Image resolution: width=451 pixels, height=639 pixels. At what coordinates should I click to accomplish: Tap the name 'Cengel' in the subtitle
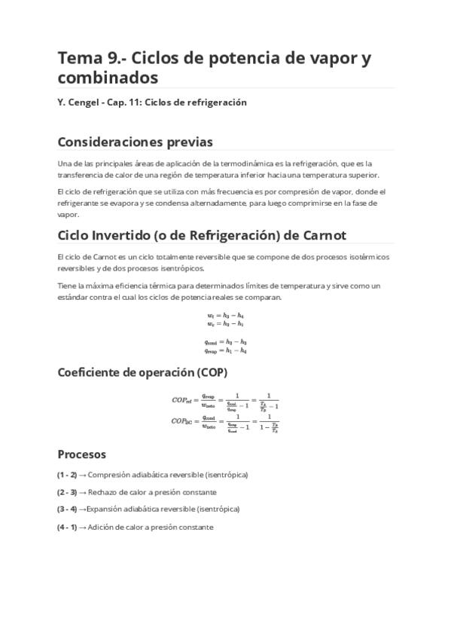[87, 102]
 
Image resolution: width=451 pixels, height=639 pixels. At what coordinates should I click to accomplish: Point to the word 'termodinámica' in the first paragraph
[240, 164]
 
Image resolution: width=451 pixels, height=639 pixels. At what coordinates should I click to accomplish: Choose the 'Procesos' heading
[82, 454]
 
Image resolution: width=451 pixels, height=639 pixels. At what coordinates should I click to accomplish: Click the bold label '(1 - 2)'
[67, 475]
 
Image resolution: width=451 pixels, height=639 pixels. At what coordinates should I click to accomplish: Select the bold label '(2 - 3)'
[67, 492]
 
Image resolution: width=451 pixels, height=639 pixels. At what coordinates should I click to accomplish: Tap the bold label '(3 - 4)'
[67, 509]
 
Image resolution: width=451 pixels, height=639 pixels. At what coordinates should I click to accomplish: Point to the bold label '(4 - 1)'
[67, 527]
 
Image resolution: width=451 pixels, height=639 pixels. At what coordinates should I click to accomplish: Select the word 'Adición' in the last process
[100, 527]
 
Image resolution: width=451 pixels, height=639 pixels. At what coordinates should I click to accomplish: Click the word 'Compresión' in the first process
[108, 475]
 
